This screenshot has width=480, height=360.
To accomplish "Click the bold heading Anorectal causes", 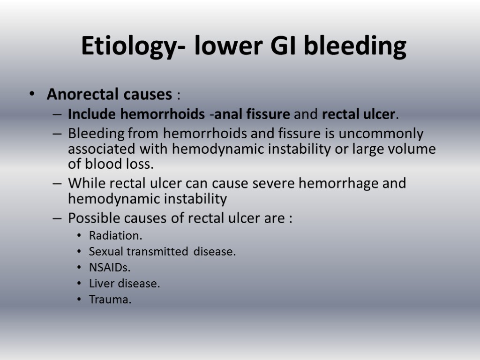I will pyautogui.click(x=109, y=95).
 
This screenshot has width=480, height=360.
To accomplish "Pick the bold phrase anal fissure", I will pyautogui.click(x=252, y=114).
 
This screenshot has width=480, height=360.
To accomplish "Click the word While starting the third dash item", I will pyautogui.click(x=84, y=183).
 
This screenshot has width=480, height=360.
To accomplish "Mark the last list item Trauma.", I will pyautogui.click(x=110, y=300).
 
